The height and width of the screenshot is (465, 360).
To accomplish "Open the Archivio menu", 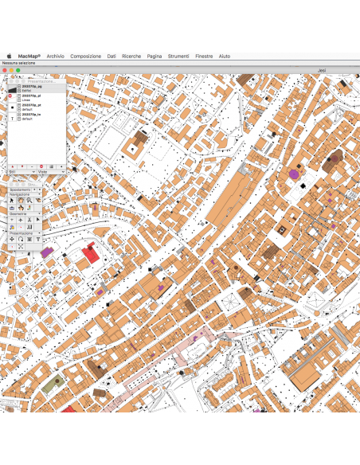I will (x=55, y=57).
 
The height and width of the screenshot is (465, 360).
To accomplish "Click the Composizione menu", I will (x=85, y=57).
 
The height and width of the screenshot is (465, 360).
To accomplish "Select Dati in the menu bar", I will (x=112, y=57).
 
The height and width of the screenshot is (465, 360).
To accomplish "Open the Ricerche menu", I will (x=131, y=57).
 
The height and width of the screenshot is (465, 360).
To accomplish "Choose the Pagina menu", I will (x=155, y=57).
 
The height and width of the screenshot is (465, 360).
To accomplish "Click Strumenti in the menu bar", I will (x=178, y=57).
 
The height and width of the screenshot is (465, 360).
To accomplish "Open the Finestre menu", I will (x=204, y=57).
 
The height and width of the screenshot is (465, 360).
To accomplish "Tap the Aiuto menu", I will (x=225, y=57).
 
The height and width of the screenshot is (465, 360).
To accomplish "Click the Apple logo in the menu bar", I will (x=10, y=57).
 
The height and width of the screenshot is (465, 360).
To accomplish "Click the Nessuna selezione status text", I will (x=19, y=63).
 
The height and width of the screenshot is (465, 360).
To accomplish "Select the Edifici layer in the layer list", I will (x=26, y=91).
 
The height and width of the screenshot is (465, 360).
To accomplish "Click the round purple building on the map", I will (x=294, y=173).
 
